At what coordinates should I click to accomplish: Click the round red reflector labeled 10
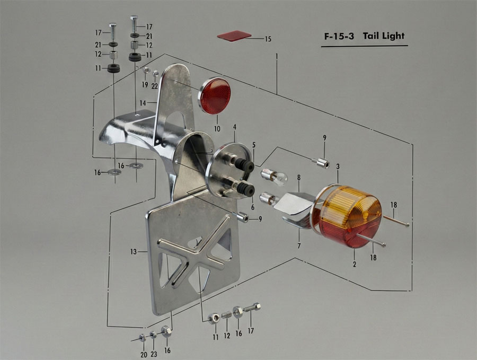pyautogui.click(x=215, y=96)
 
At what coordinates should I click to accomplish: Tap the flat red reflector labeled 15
pyautogui.click(x=234, y=36)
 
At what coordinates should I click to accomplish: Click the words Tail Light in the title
pyautogui.click(x=384, y=36)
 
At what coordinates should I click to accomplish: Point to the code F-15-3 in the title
pyautogui.click(x=339, y=37)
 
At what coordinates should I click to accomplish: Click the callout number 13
pyautogui.click(x=134, y=252)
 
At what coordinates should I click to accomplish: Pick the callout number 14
pyautogui.click(x=143, y=103)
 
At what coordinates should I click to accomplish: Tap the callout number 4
pyautogui.click(x=235, y=127)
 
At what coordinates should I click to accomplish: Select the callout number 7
pyautogui.click(x=299, y=245)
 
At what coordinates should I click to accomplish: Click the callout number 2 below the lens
pyautogui.click(x=355, y=265)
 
